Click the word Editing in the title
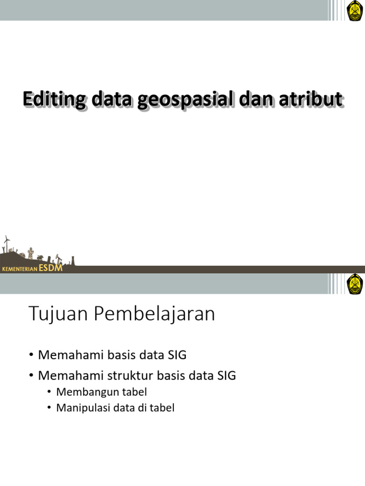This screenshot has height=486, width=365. (x=54, y=100)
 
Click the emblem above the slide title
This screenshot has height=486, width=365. (x=355, y=10)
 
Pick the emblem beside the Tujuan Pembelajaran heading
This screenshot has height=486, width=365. (x=355, y=284)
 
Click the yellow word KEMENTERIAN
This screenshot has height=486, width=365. (x=20, y=270)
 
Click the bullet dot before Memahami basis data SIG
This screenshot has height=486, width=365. (x=31, y=355)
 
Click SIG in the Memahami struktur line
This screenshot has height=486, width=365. (x=226, y=375)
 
